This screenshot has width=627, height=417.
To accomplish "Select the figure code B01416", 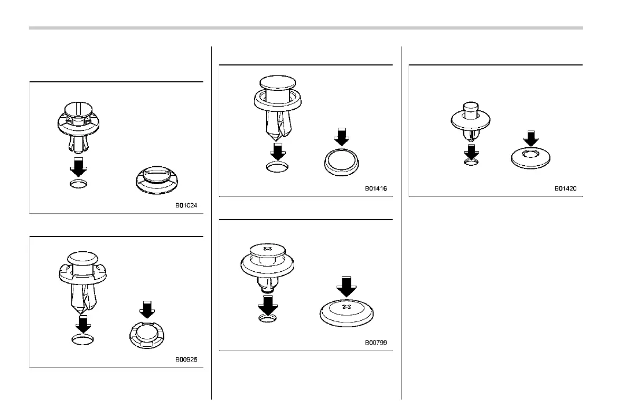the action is pos(376,188).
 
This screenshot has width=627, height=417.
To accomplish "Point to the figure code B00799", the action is pos(376,343).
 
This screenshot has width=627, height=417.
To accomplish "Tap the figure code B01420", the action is pos(565,188).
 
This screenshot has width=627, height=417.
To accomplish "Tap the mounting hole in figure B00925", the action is pos(83,339).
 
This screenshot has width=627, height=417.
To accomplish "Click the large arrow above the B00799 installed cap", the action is pos(347,286).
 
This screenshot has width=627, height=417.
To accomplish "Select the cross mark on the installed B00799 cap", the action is pos(347,306).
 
